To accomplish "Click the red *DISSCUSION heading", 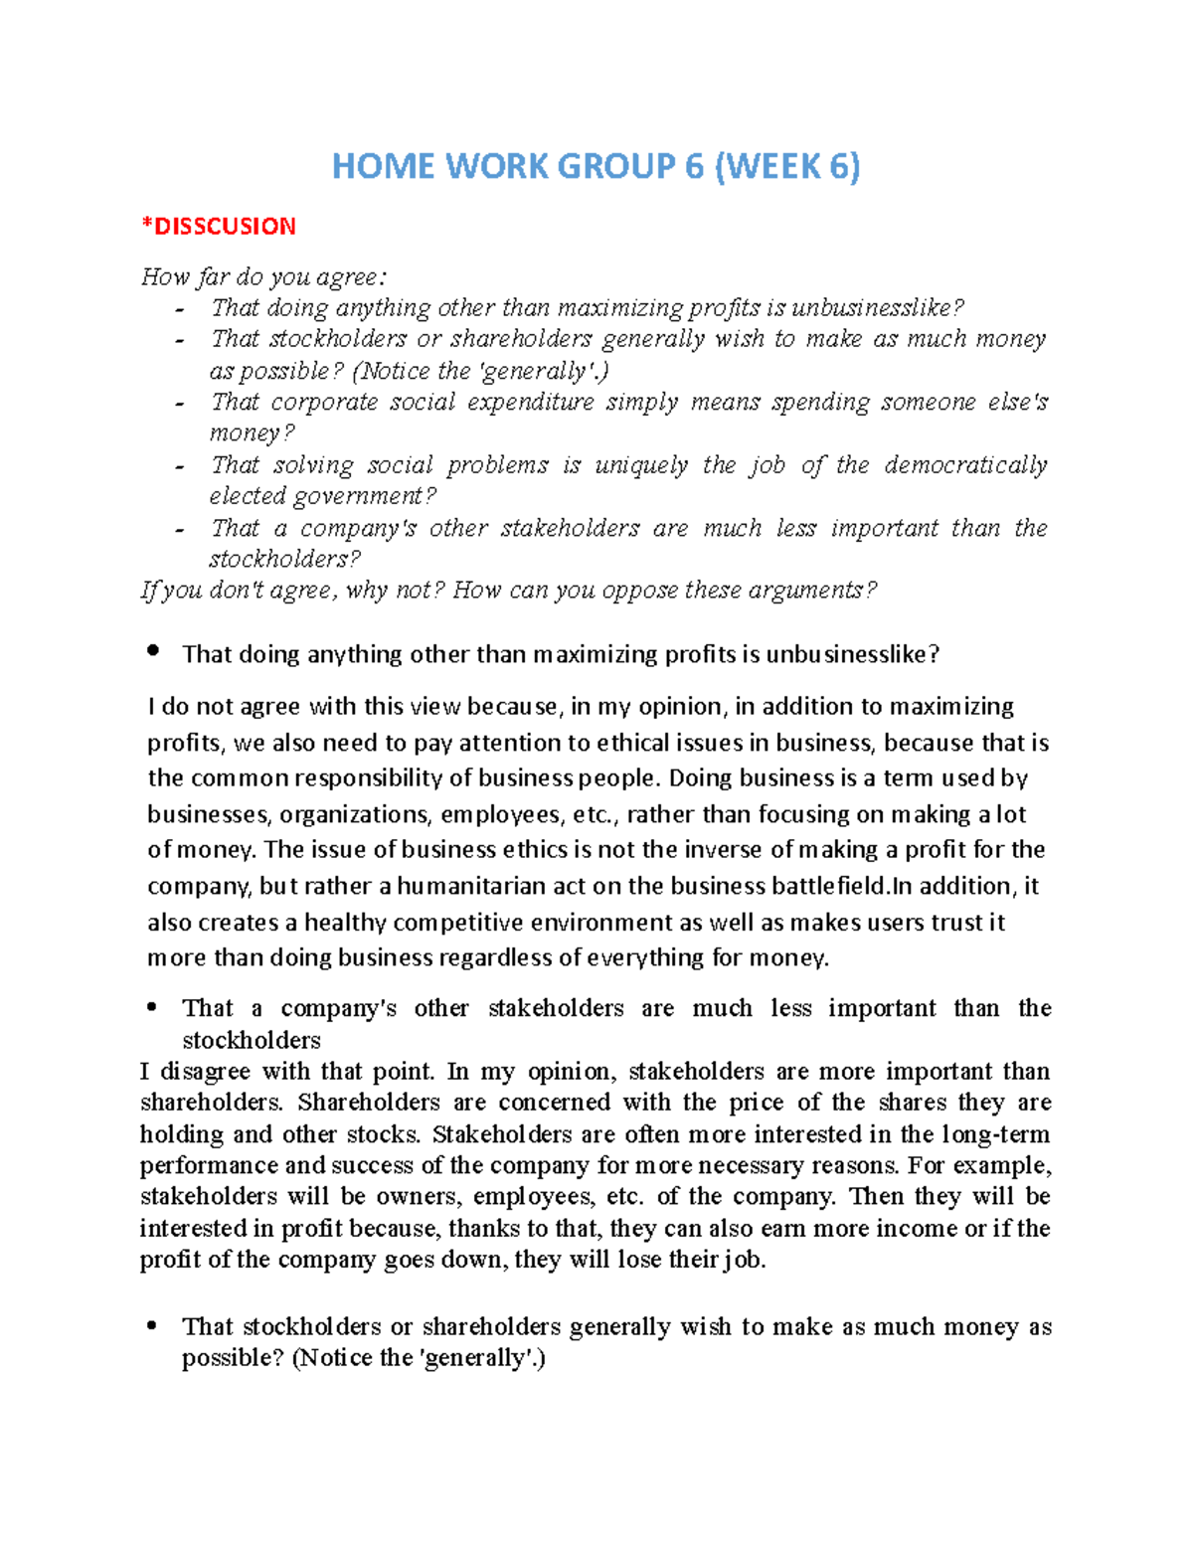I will click(x=219, y=227).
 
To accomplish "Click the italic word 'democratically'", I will click(x=965, y=465).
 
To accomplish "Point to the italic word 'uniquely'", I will click(x=641, y=465).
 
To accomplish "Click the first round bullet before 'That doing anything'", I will click(x=152, y=650).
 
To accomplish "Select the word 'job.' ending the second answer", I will click(x=745, y=1260).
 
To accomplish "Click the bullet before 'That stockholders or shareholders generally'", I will click(x=151, y=1325).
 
